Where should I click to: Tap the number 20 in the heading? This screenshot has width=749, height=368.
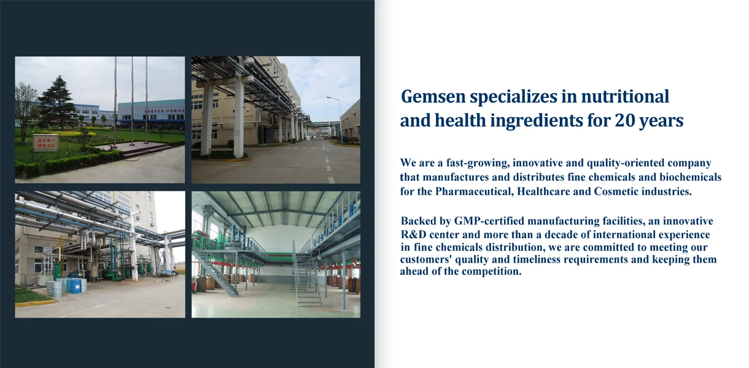tap(625, 121)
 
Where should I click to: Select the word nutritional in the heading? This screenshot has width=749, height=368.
tap(625, 96)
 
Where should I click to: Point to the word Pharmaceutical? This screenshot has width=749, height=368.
tap(475, 191)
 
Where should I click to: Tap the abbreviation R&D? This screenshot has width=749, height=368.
tap(413, 234)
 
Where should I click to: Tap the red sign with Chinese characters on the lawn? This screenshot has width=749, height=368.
tap(46, 143)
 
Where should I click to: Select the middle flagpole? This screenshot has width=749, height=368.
tap(132, 101)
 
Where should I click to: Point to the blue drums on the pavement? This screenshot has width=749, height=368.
tap(74, 286)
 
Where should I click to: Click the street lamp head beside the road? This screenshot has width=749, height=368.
tap(330, 98)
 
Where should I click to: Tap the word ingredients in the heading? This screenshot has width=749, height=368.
tap(537, 121)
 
